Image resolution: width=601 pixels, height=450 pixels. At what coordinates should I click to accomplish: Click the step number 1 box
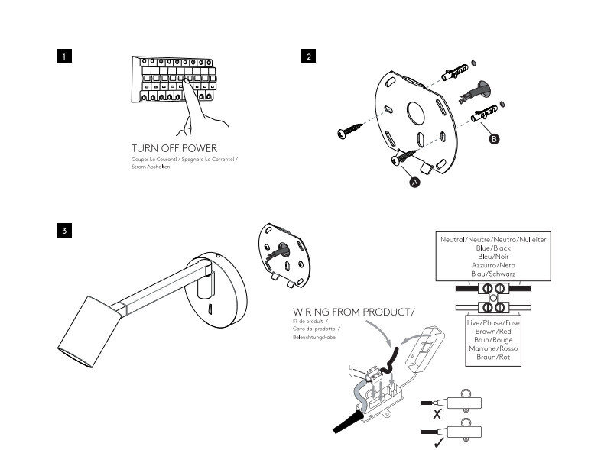click(66, 57)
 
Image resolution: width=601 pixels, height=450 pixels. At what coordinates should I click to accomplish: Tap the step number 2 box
click(308, 57)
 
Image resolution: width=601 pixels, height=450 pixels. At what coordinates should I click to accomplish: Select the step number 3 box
click(66, 230)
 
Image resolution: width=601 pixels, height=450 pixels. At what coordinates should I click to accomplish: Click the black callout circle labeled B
click(494, 139)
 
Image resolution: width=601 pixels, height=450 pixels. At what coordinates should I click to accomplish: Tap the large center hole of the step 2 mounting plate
click(417, 113)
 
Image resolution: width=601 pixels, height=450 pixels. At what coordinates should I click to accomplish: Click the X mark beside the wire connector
click(437, 415)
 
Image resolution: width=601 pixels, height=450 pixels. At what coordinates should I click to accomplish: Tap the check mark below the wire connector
click(437, 442)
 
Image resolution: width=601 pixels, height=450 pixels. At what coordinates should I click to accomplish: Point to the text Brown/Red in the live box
click(493, 332)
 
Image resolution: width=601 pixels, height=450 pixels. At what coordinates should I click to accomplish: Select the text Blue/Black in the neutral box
click(493, 248)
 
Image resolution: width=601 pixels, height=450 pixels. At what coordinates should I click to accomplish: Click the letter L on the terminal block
click(350, 367)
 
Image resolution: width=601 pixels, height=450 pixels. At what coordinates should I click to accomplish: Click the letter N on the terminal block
click(350, 374)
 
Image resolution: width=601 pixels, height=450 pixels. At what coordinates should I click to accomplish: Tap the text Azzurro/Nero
click(493, 264)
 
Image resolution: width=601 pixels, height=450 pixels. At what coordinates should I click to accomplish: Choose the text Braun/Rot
click(493, 357)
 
